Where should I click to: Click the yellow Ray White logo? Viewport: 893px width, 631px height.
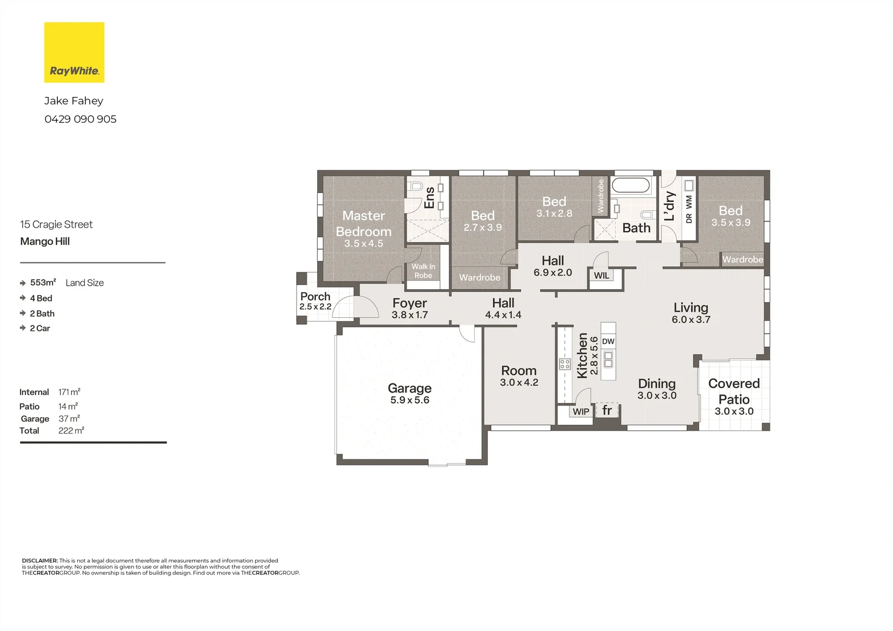click(74, 52)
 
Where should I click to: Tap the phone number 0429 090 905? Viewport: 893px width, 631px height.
click(81, 119)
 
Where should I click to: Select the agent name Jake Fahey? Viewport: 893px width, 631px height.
click(74, 101)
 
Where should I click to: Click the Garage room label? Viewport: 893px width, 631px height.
click(409, 388)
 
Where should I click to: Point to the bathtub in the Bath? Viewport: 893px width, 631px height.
click(631, 186)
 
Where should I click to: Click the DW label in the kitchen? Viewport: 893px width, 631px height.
click(608, 341)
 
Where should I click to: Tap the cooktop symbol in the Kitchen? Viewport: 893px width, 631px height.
click(565, 364)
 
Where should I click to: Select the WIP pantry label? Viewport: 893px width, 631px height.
click(581, 411)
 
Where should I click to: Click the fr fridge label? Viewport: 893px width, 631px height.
click(607, 410)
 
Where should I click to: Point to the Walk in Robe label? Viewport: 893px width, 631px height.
click(423, 271)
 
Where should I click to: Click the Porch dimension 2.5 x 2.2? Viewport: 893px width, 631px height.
click(315, 307)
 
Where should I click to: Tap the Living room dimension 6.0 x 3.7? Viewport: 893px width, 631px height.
click(691, 320)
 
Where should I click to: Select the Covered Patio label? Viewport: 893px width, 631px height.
click(734, 391)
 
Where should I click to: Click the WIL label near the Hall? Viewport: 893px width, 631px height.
click(601, 275)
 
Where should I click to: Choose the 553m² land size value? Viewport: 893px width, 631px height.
click(43, 282)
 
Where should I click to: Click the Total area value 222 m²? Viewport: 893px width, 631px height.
click(71, 431)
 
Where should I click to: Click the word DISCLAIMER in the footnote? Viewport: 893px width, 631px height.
click(40, 560)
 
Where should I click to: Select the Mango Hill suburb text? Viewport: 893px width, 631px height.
click(45, 241)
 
